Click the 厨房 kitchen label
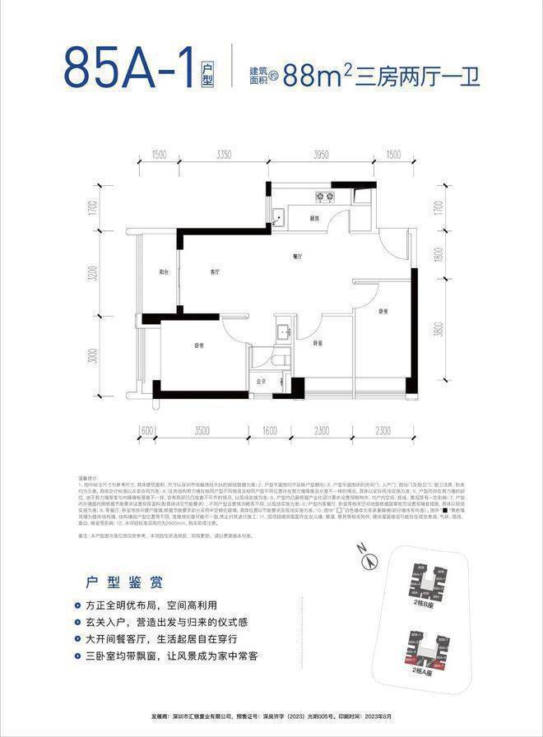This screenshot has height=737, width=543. coord(314,219)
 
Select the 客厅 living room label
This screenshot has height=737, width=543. coord(214,271)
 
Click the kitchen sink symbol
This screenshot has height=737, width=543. coord(281,218)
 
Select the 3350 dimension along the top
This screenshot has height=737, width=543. coord(216,155)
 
